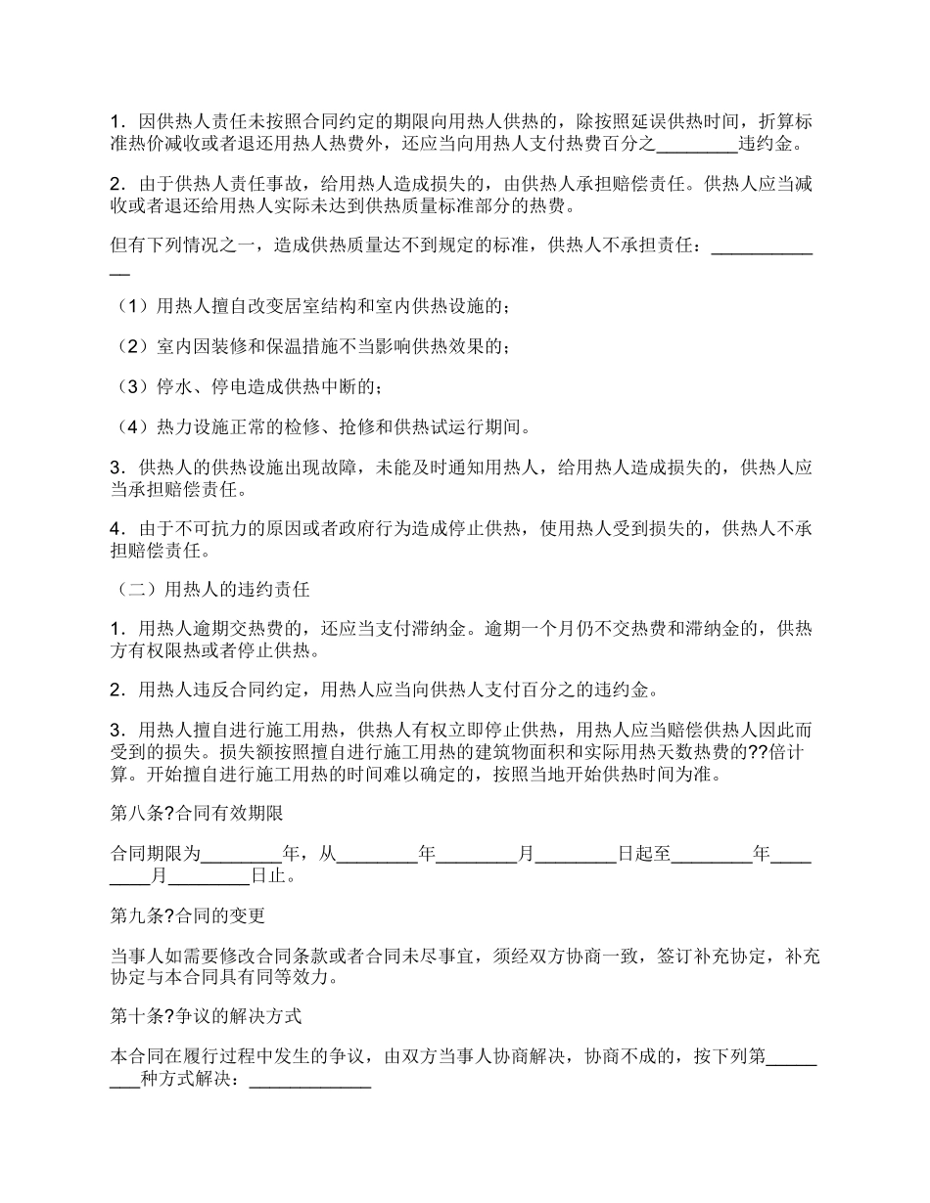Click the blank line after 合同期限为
(241, 854)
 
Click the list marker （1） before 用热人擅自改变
(132, 307)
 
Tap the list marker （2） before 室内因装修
(132, 347)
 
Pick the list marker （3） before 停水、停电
(132, 387)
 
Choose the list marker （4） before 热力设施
(132, 427)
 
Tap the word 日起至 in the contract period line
(644, 854)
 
